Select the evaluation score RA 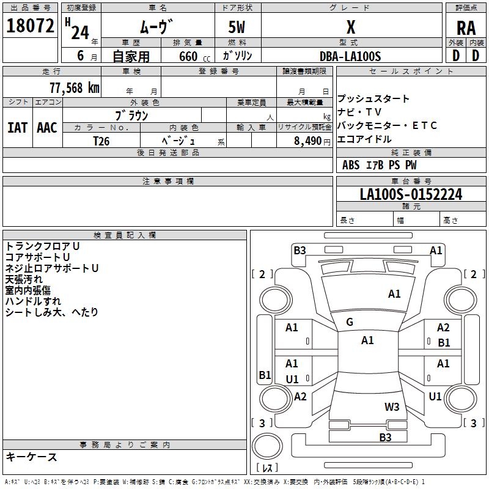tap(466, 28)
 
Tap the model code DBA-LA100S tap(350, 56)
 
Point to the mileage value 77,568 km tap(74, 87)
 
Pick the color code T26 tap(101, 140)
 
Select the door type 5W tap(238, 28)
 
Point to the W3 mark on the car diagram tap(392, 406)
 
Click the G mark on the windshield tap(350, 322)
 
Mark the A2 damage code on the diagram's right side tap(443, 328)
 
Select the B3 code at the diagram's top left tap(300, 250)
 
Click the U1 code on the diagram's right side tap(435, 397)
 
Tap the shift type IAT tap(18, 128)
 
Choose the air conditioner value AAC tap(47, 128)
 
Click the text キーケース tap(32, 457)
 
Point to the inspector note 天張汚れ tap(24, 279)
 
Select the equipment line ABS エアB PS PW tap(380, 165)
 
